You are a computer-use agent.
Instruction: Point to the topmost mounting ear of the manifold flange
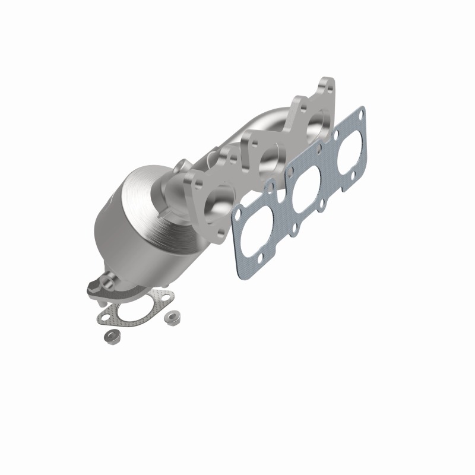(x=325, y=85)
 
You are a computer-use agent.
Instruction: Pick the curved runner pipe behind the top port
(x=279, y=119)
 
